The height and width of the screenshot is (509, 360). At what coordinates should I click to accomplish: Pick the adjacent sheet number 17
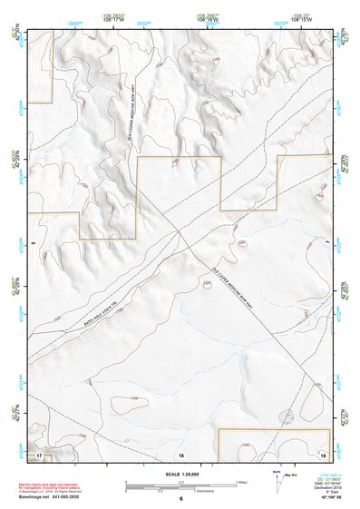(x=39, y=454)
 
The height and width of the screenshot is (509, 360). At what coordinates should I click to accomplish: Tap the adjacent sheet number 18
(x=180, y=454)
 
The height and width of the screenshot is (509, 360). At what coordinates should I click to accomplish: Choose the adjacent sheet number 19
(x=322, y=454)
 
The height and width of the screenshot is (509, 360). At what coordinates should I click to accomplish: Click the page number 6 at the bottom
(x=180, y=499)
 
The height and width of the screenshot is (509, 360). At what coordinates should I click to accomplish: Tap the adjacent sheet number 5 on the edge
(x=32, y=243)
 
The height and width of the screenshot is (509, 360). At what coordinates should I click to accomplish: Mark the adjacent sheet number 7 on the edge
(x=326, y=243)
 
